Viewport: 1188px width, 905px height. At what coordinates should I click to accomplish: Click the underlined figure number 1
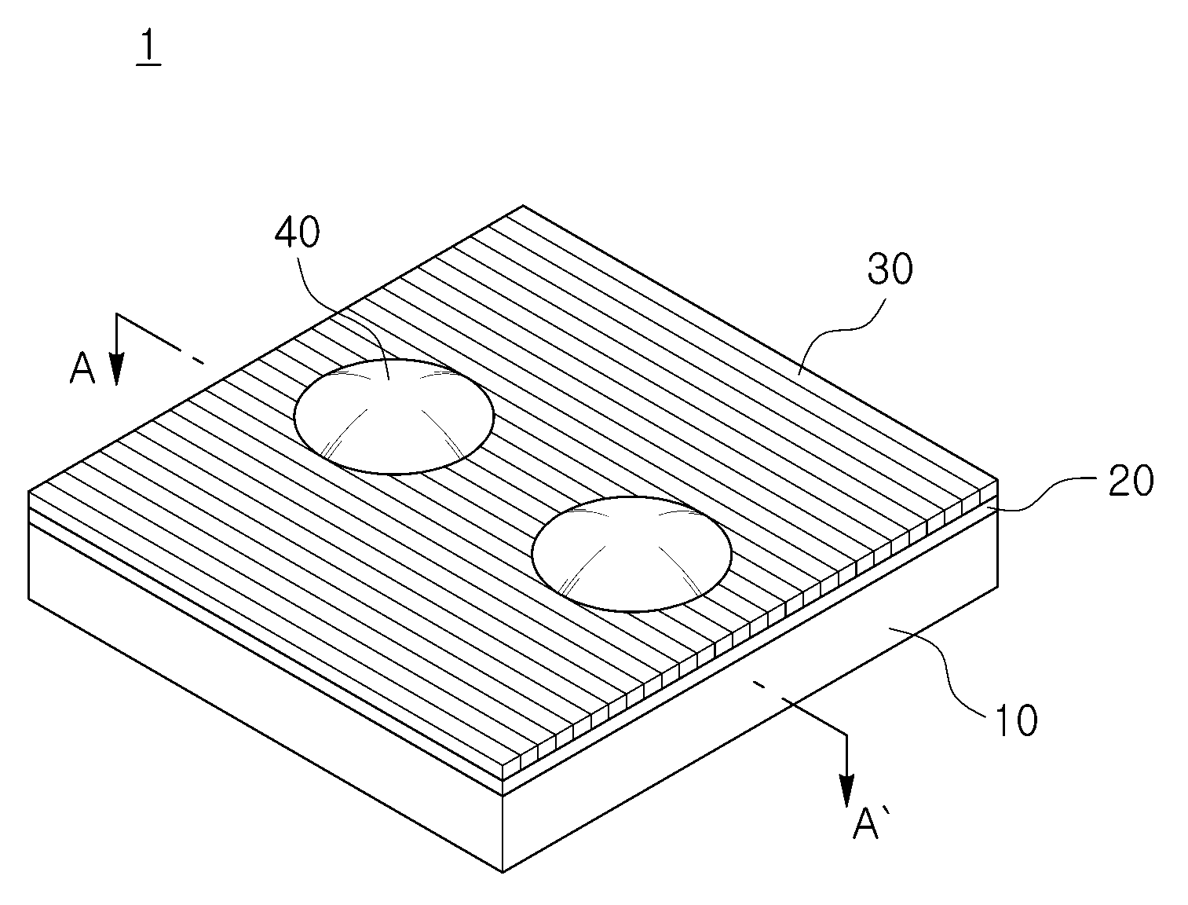pos(149,48)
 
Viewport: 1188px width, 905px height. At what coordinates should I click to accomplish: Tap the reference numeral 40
pos(297,233)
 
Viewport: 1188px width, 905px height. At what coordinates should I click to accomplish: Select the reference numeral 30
pos(890,269)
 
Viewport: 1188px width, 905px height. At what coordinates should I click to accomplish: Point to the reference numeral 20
pos(1131,481)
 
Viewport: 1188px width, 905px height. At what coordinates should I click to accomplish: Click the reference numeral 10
pos(1015,721)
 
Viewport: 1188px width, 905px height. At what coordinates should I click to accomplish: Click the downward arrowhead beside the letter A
pos(116,369)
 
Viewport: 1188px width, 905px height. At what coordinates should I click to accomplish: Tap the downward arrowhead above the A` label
pos(846,791)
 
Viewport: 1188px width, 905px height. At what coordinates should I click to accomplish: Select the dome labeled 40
pos(393,417)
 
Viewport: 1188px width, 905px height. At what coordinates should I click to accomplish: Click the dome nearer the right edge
pos(631,555)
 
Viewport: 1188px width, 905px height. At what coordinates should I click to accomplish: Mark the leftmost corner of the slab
pos(29,491)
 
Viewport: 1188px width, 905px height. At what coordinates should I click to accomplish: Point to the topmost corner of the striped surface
pos(522,205)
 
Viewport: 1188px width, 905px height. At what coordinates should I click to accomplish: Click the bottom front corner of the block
pos(503,873)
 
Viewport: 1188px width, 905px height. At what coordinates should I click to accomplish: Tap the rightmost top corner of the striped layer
pos(997,479)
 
